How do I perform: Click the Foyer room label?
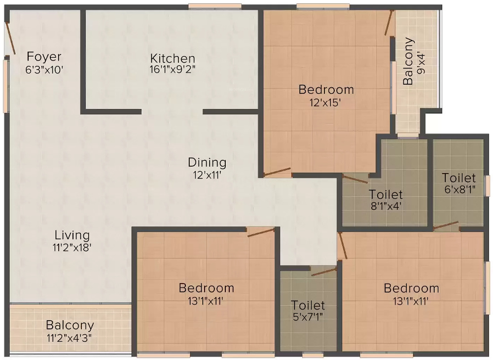tap(44, 56)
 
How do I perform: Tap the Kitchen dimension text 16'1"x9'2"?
tap(173, 70)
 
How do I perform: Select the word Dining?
tap(207, 162)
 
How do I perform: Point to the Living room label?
tap(72, 235)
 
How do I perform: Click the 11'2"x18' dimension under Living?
tap(72, 248)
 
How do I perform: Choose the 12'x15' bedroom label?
tap(326, 102)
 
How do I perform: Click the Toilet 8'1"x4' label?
tap(386, 200)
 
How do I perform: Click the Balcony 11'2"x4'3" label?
tap(70, 331)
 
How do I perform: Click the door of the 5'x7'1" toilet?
tap(323, 271)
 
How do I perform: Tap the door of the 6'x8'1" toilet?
tap(446, 226)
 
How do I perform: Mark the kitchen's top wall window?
tap(214, 6)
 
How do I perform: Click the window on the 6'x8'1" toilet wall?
tap(487, 186)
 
